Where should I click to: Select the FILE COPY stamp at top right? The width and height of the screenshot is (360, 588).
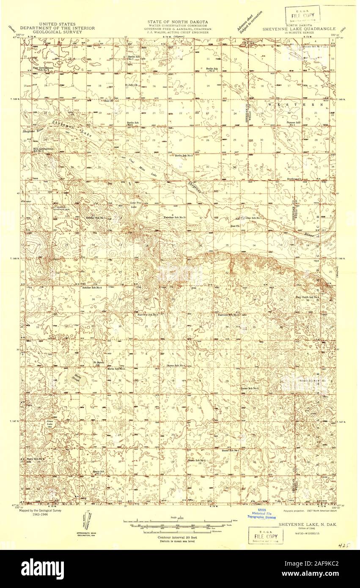pyautogui.click(x=301, y=15)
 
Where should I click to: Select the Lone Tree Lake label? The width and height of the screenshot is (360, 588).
pyautogui.click(x=134, y=205)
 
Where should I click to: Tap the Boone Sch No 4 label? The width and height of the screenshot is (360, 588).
pyautogui.click(x=176, y=365)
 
